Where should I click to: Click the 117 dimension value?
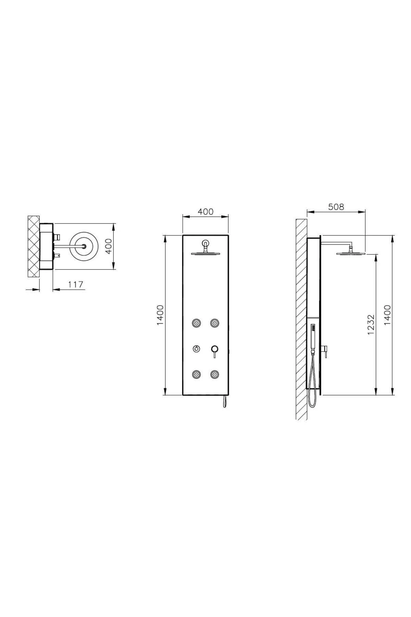76,284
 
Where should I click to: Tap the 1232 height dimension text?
371,325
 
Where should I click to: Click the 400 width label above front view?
206,211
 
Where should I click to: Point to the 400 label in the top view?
108,246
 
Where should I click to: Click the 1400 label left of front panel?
161,315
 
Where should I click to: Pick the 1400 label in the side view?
387,315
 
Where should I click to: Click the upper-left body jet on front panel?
197,323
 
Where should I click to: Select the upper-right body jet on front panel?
215,323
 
